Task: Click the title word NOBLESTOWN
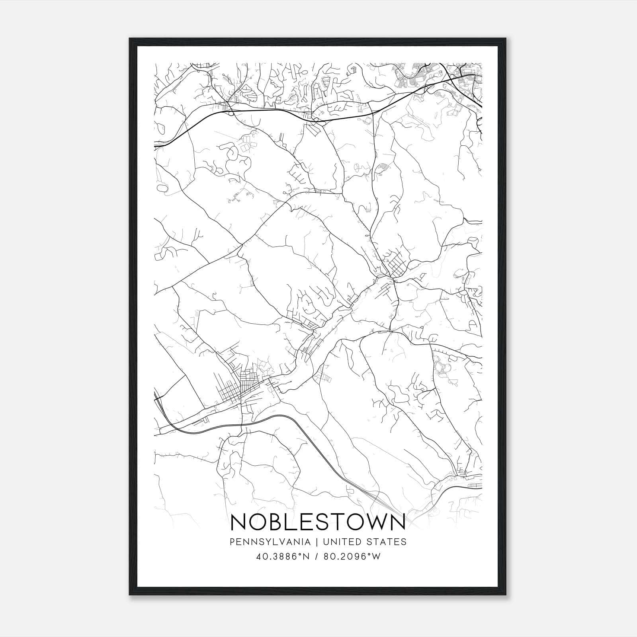pyautogui.click(x=318, y=522)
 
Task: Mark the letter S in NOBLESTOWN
pyautogui.click(x=322, y=522)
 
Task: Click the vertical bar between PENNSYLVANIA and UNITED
pyautogui.click(x=317, y=542)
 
